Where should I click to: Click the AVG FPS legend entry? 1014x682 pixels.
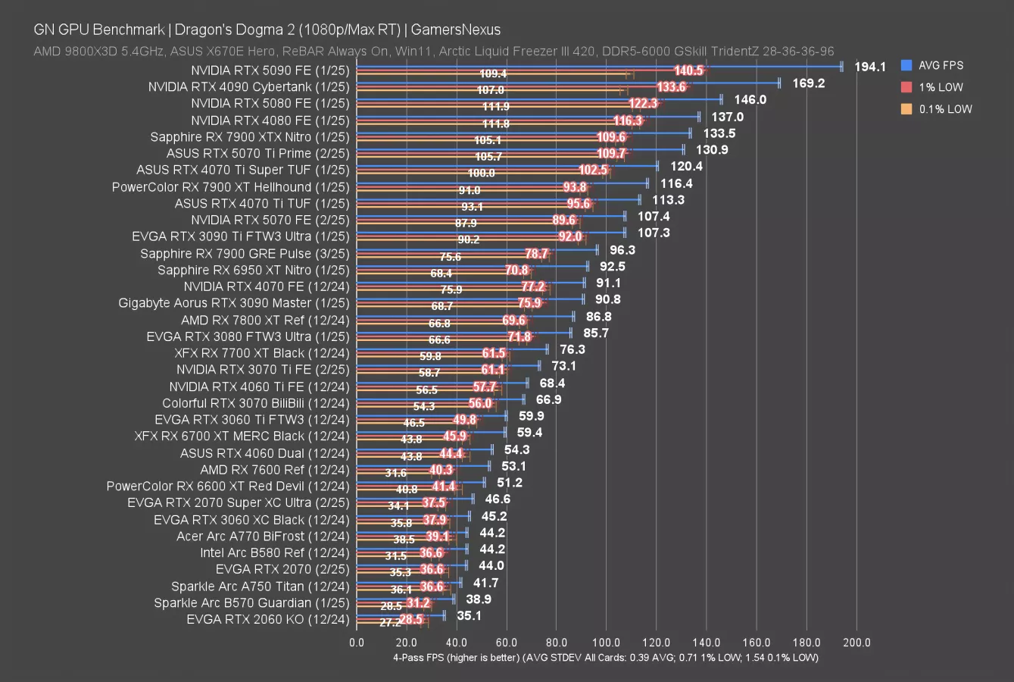[941, 66]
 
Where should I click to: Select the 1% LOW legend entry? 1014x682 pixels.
[941, 87]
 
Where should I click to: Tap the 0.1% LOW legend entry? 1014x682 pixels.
[945, 109]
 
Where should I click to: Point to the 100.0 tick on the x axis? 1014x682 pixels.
[607, 643]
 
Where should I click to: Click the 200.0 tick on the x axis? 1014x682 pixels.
[856, 643]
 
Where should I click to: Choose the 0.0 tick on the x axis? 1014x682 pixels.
[357, 643]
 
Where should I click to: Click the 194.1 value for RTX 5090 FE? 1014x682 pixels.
[870, 67]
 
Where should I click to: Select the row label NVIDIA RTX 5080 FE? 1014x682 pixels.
[270, 103]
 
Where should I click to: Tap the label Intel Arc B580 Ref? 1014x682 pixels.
[275, 553]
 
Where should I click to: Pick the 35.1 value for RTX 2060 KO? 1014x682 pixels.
[469, 616]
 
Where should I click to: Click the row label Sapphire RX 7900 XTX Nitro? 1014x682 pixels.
[250, 136]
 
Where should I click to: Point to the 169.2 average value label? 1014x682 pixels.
[809, 83]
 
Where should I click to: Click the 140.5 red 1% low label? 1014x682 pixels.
[689, 70]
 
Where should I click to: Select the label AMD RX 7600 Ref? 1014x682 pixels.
[275, 470]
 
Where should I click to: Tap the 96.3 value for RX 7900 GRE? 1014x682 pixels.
[622, 250]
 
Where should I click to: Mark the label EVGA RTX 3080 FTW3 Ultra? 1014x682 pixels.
[248, 336]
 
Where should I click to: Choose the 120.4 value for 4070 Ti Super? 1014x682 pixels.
[686, 167]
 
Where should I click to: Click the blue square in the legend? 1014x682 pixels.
[906, 66]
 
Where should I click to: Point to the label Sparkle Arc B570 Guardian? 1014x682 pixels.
[251, 603]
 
